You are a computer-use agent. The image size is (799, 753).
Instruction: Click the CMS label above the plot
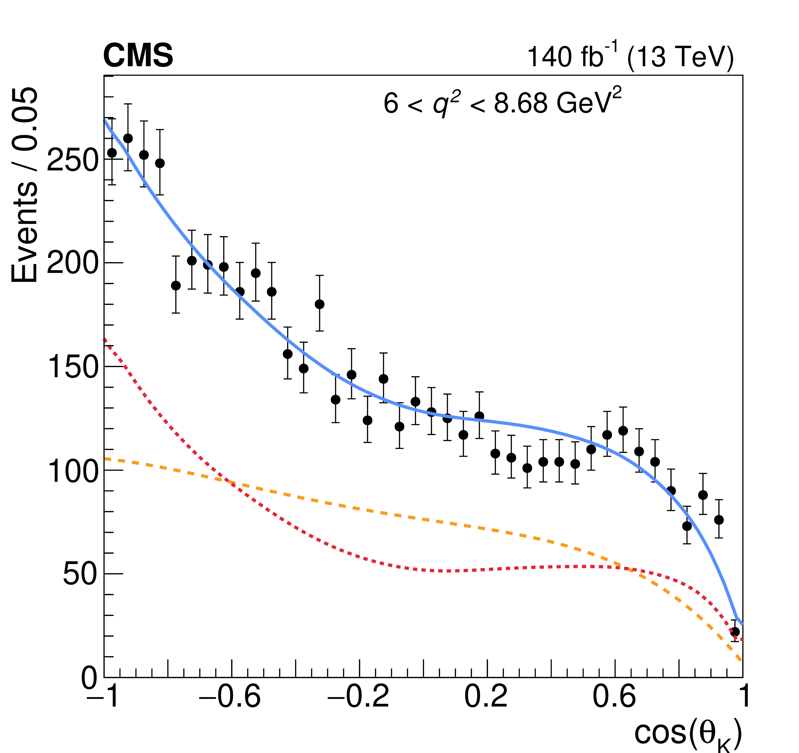[x=138, y=56]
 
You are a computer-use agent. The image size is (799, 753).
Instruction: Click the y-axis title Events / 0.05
[x=24, y=185]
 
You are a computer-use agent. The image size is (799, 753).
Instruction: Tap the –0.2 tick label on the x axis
[x=358, y=696]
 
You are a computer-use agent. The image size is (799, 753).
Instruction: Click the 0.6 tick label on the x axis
[x=614, y=696]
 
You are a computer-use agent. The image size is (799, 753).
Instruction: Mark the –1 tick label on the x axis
[x=103, y=696]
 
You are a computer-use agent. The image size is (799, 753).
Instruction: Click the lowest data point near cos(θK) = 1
[x=735, y=631]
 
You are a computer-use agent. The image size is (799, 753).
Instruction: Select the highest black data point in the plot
[x=128, y=138]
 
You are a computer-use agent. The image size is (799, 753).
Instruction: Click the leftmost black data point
[x=112, y=153]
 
